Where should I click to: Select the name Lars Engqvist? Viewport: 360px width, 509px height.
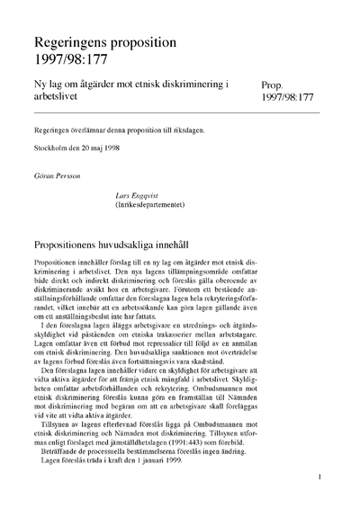130,193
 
